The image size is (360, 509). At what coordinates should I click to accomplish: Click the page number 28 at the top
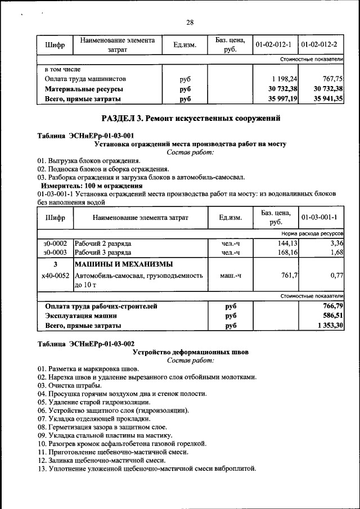click(190, 22)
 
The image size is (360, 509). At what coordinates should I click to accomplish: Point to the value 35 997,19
click(281, 98)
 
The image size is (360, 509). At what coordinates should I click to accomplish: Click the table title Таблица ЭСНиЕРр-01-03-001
click(85, 136)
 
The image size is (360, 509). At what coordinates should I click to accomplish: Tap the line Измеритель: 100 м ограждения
click(92, 186)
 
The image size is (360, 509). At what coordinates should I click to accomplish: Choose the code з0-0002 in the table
click(55, 244)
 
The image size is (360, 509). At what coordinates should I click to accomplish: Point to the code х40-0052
click(55, 276)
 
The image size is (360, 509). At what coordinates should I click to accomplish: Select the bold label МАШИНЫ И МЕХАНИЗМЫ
click(124, 264)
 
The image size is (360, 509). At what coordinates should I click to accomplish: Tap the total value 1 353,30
click(330, 326)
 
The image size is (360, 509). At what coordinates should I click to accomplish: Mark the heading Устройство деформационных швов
click(190, 352)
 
